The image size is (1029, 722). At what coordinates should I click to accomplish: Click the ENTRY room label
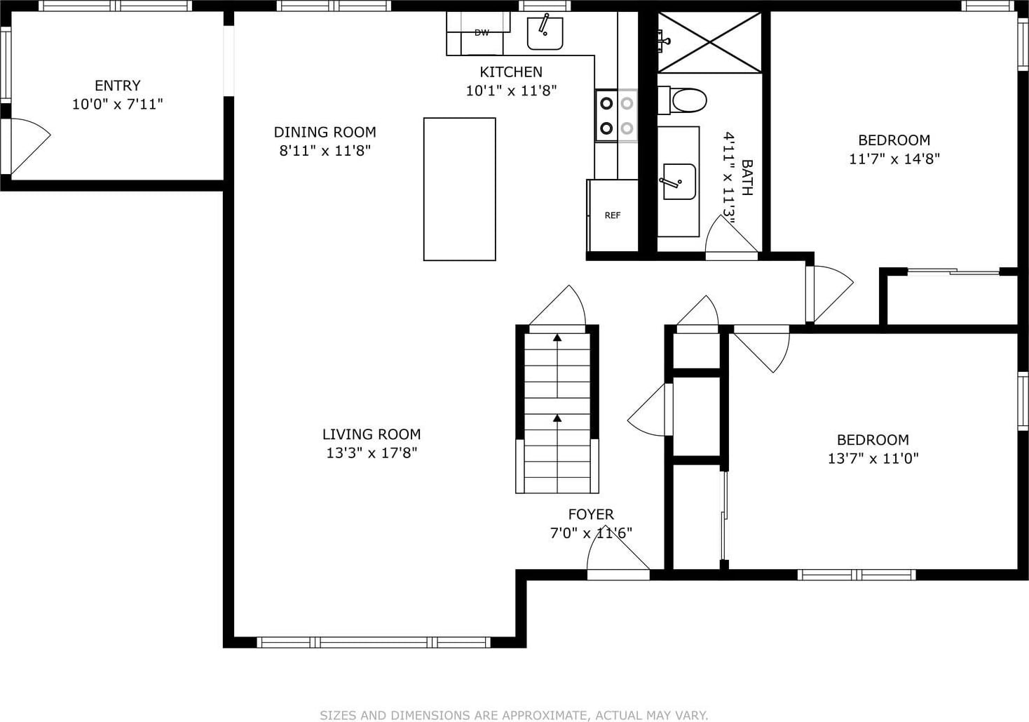click(118, 86)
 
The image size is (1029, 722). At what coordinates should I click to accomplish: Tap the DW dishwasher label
click(482, 33)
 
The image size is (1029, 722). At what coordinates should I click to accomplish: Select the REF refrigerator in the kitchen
click(613, 215)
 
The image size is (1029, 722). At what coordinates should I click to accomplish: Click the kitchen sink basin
click(545, 33)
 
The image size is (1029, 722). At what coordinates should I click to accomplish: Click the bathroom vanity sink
click(679, 182)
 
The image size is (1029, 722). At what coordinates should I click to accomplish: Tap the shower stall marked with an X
click(710, 42)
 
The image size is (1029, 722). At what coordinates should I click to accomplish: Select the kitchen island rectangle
click(459, 189)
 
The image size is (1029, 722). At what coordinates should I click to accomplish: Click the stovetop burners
click(616, 116)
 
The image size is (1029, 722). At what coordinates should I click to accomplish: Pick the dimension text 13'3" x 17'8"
click(372, 453)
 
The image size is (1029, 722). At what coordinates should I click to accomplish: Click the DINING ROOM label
click(325, 132)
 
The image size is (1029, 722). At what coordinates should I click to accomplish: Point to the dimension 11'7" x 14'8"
click(894, 159)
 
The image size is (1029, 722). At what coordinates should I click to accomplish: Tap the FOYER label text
click(591, 514)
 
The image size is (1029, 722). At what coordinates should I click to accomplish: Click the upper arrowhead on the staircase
click(557, 337)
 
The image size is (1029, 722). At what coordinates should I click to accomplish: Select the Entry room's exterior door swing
click(27, 146)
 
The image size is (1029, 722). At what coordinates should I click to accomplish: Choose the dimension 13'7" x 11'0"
click(873, 458)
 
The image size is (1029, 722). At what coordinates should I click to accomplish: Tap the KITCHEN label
click(511, 72)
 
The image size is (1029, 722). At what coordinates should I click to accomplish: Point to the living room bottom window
click(374, 643)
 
